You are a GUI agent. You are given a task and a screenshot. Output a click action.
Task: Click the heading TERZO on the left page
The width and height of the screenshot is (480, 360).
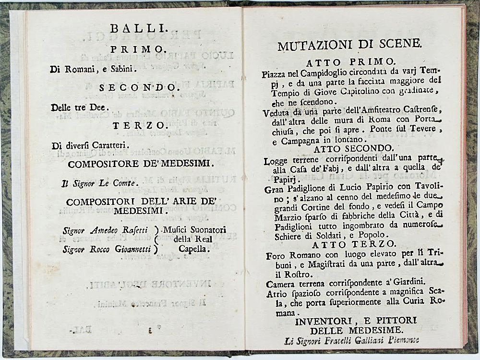[133, 126]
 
